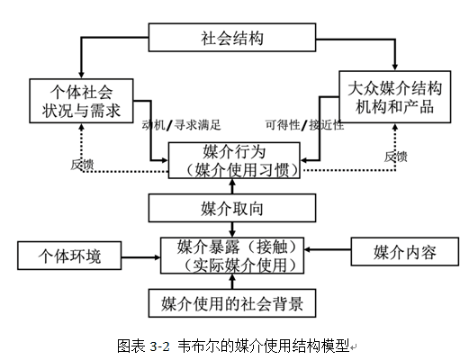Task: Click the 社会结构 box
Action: tap(232, 38)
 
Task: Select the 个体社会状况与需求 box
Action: tap(81, 101)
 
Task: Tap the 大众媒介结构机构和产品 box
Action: tap(395, 97)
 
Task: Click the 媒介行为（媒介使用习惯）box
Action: tap(234, 160)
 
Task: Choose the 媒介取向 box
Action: tap(232, 208)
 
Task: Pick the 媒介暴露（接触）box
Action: tap(232, 256)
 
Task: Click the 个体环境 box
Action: tap(69, 256)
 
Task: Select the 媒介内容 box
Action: tap(405, 252)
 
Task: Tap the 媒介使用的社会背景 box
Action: tap(232, 303)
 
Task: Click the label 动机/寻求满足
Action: tap(182, 125)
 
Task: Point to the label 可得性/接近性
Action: tap(304, 125)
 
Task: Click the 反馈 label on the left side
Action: tap(82, 165)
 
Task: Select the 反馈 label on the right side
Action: tap(396, 157)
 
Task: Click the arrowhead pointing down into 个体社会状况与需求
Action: tap(81, 76)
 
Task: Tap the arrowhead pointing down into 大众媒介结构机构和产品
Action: tap(395, 67)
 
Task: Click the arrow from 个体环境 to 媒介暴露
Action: tap(141, 257)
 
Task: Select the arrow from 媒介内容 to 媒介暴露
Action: tap(328, 249)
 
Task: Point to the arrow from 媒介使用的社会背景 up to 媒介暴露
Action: tap(232, 282)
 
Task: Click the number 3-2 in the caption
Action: tap(160, 346)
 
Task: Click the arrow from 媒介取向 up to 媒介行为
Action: tap(232, 186)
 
